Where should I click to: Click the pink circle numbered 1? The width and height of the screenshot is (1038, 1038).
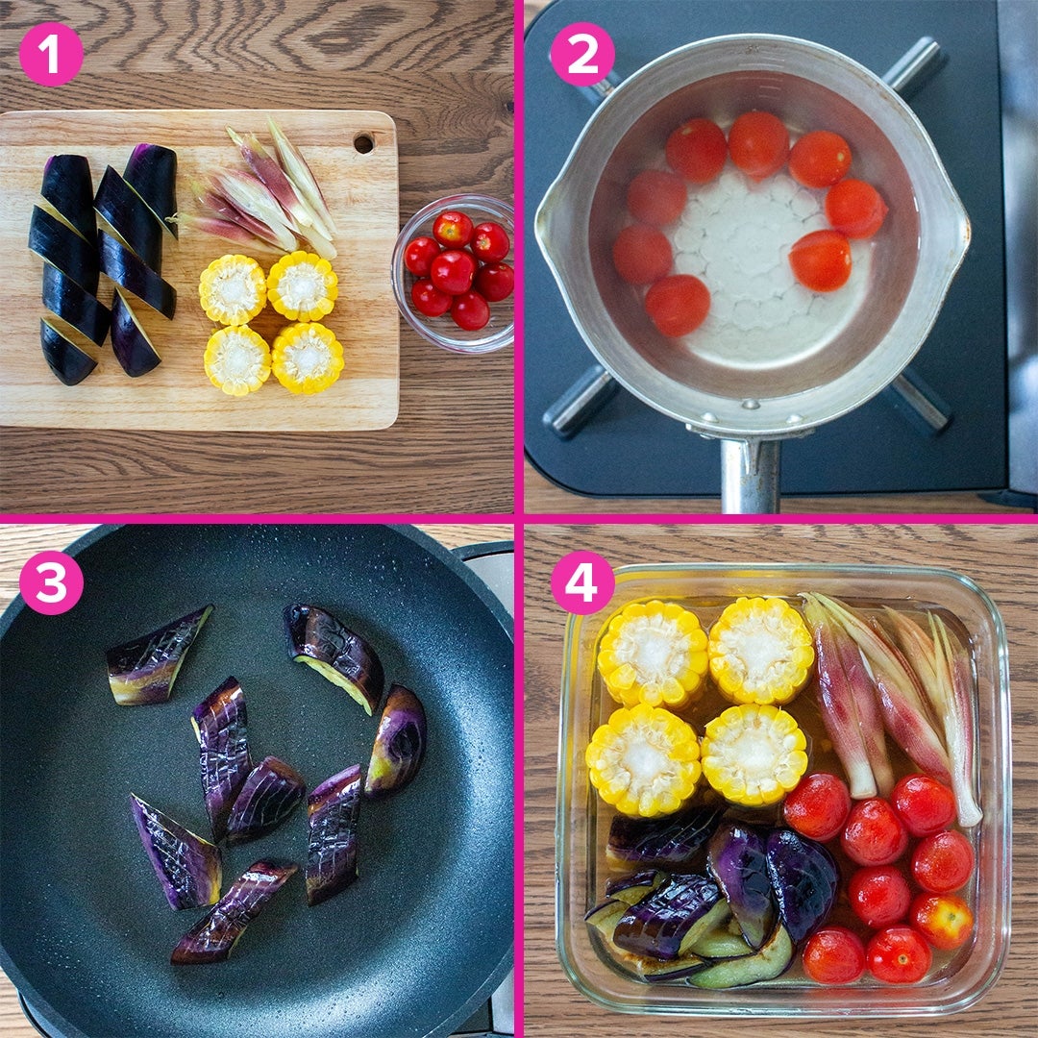51,54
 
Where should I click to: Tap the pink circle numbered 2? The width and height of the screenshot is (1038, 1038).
581,54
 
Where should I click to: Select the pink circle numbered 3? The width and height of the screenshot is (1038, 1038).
51,582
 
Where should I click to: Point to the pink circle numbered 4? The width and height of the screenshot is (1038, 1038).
581,582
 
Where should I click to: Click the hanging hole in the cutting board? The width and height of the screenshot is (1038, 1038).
362,142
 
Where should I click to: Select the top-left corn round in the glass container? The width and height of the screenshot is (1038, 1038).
652,653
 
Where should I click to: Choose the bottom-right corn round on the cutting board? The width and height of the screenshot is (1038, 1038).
308,358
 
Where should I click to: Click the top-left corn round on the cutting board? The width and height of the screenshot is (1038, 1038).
233,289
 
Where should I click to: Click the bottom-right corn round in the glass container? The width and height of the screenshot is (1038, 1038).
754,754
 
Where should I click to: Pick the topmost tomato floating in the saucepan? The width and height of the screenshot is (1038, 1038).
758,143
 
